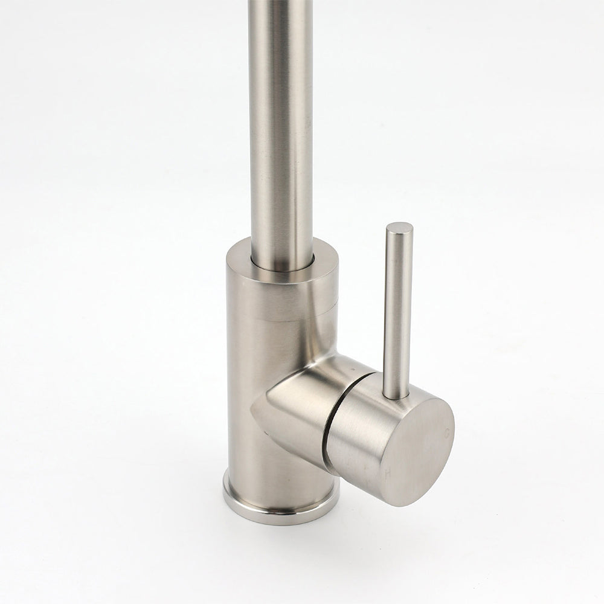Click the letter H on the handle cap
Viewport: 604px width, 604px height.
387,475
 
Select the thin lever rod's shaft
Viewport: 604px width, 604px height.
397,308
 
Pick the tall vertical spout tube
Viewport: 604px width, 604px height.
281,121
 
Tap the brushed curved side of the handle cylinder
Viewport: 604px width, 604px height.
356,435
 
